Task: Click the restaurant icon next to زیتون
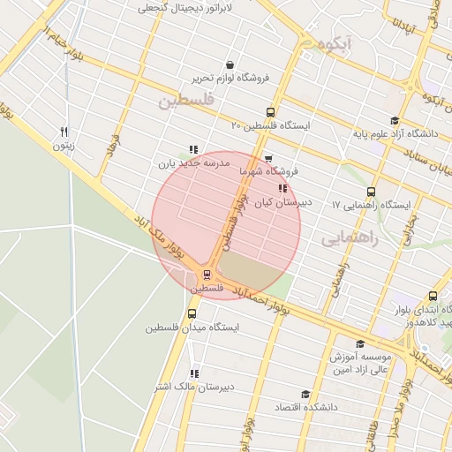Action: [x=64, y=131]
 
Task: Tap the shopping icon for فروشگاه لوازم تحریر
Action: [x=230, y=64]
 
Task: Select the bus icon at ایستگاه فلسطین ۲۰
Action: [x=270, y=112]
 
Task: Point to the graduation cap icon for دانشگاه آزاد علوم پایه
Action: [x=394, y=121]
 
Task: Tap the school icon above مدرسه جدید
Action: [x=193, y=149]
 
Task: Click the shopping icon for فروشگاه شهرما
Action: [x=268, y=158]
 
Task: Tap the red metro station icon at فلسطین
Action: [x=207, y=275]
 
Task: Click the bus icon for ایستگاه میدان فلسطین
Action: [x=192, y=313]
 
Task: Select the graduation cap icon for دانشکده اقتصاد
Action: [x=306, y=394]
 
